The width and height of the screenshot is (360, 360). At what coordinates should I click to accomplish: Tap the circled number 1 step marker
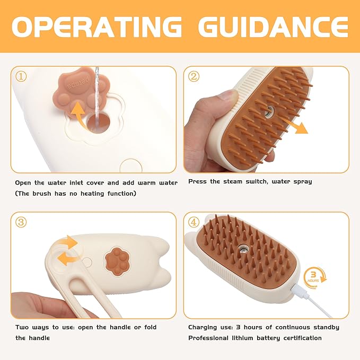(21, 77)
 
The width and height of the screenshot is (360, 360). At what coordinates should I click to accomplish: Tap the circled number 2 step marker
(194, 77)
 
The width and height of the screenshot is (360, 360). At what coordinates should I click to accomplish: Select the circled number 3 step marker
(21, 222)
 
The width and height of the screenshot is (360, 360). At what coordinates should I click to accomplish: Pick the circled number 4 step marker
(194, 222)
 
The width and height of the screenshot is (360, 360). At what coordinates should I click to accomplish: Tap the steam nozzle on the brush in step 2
(268, 111)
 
